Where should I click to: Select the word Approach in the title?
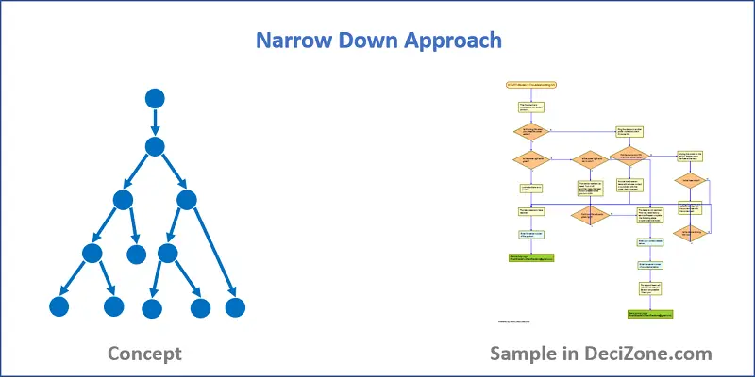click(454, 41)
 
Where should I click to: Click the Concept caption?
click(144, 354)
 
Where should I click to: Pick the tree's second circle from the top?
click(156, 146)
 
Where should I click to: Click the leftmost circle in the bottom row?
click(59, 306)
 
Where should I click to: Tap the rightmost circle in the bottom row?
click(235, 306)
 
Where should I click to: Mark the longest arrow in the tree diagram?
click(212, 254)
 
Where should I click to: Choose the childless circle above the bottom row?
click(138, 254)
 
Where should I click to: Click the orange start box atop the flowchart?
click(532, 85)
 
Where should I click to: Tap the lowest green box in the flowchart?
click(649, 313)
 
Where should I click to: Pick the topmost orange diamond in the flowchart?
click(529, 132)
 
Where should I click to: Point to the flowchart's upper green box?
click(531, 256)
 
